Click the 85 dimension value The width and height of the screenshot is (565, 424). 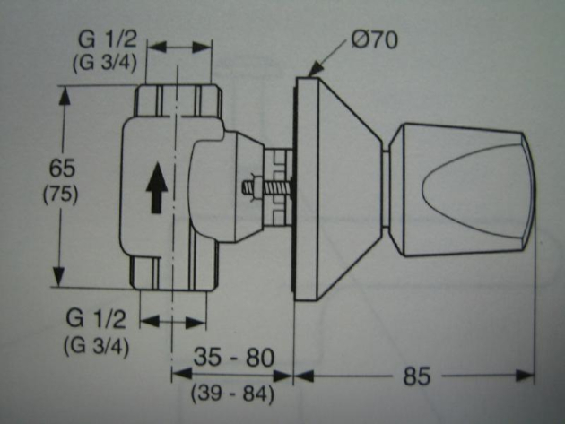click(416, 376)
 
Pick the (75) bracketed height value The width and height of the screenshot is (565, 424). click(62, 195)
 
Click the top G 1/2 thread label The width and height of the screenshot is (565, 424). click(104, 40)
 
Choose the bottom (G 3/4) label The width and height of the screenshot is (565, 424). click(96, 344)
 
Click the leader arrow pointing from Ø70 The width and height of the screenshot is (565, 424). click(328, 58)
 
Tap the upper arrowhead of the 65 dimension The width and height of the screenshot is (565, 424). click(63, 92)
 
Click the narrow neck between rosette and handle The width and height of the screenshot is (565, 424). click(387, 189)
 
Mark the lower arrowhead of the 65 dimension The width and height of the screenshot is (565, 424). click(63, 280)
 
